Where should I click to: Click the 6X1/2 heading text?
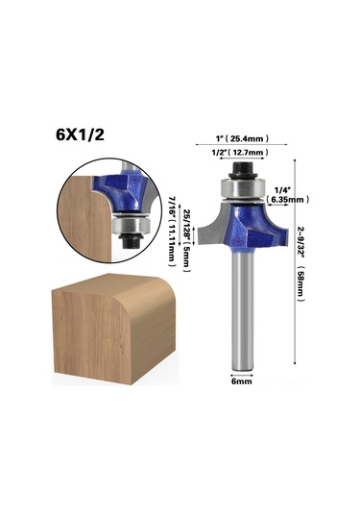[x=81, y=135]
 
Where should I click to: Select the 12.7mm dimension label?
[x=248, y=153]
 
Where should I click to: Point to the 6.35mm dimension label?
[x=288, y=199]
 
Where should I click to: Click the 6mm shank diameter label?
[x=242, y=381]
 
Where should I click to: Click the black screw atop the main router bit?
[x=242, y=170]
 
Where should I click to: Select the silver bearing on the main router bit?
[x=242, y=189]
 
